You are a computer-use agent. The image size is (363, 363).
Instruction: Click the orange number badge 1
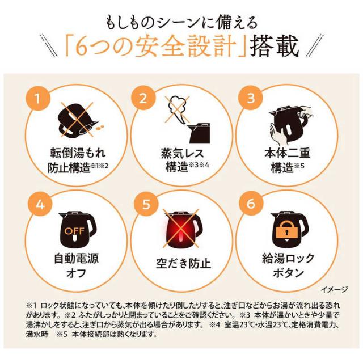tap(38, 99)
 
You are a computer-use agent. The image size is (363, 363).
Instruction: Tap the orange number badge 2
tap(143, 99)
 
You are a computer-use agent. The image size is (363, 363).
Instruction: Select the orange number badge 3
tap(251, 99)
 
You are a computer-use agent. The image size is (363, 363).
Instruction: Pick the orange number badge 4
tap(40, 205)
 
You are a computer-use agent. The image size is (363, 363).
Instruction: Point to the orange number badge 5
tap(146, 205)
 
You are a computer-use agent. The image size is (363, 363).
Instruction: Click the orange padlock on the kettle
tap(288, 230)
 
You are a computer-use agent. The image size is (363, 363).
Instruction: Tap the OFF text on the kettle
tap(74, 231)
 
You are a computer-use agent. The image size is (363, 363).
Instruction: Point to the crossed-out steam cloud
tap(177, 109)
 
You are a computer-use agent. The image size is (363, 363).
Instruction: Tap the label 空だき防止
tap(183, 264)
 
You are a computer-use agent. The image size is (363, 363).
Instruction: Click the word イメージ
tap(334, 289)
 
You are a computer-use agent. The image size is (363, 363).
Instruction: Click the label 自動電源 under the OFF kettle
tap(76, 259)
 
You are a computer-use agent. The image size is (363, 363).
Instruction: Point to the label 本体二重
tap(288, 153)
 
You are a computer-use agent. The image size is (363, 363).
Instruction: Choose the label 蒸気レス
tap(183, 153)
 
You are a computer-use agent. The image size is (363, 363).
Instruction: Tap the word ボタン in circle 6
tap(288, 273)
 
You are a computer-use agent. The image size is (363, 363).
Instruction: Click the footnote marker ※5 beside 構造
tap(299, 166)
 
